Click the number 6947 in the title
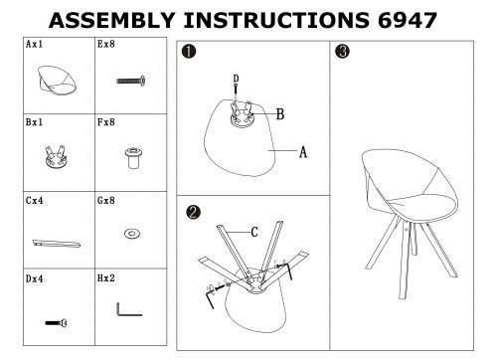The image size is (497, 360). point(408,20)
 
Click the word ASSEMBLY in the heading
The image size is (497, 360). point(112,20)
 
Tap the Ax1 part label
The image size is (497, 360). point(35,44)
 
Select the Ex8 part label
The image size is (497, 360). point(106,44)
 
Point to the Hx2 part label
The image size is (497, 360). point(106,278)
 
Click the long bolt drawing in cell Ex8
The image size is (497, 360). point(131,81)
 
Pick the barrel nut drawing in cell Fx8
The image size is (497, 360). point(133,158)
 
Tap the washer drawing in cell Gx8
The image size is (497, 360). point(132,234)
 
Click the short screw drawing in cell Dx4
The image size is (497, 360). point(56,322)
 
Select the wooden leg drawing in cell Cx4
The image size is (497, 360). point(57,244)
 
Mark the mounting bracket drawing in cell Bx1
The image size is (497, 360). point(56,157)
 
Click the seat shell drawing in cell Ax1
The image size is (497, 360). point(57,81)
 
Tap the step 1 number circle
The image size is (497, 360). point(189,52)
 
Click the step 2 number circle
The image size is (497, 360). point(194,212)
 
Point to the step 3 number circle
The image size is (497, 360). point(342,52)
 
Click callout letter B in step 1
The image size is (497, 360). point(280,114)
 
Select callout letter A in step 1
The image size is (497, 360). point(303,152)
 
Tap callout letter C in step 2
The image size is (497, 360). point(254,232)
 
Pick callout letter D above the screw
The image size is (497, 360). point(236,79)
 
